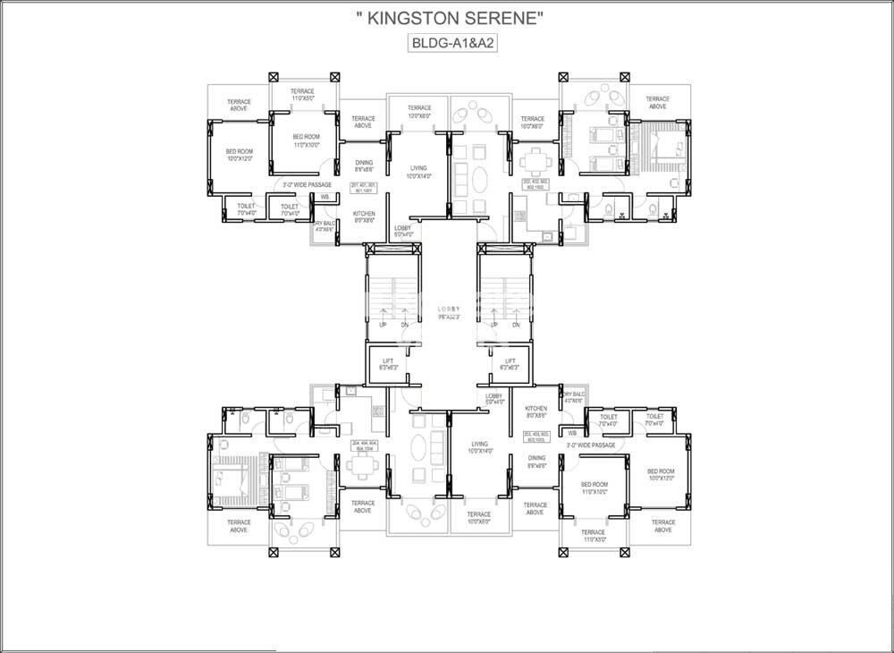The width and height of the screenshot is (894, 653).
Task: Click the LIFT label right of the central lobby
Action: (510, 364)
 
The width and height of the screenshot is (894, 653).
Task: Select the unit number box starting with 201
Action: (364, 187)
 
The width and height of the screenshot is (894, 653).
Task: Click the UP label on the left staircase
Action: (383, 326)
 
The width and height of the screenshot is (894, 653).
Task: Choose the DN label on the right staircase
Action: (515, 326)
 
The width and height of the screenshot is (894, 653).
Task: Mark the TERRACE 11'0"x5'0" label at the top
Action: (302, 95)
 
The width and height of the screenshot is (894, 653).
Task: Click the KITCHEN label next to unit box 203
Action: (536, 411)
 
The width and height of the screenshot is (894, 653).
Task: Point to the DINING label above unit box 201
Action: (364, 165)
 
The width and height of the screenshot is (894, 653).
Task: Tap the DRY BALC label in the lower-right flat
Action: (573, 396)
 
